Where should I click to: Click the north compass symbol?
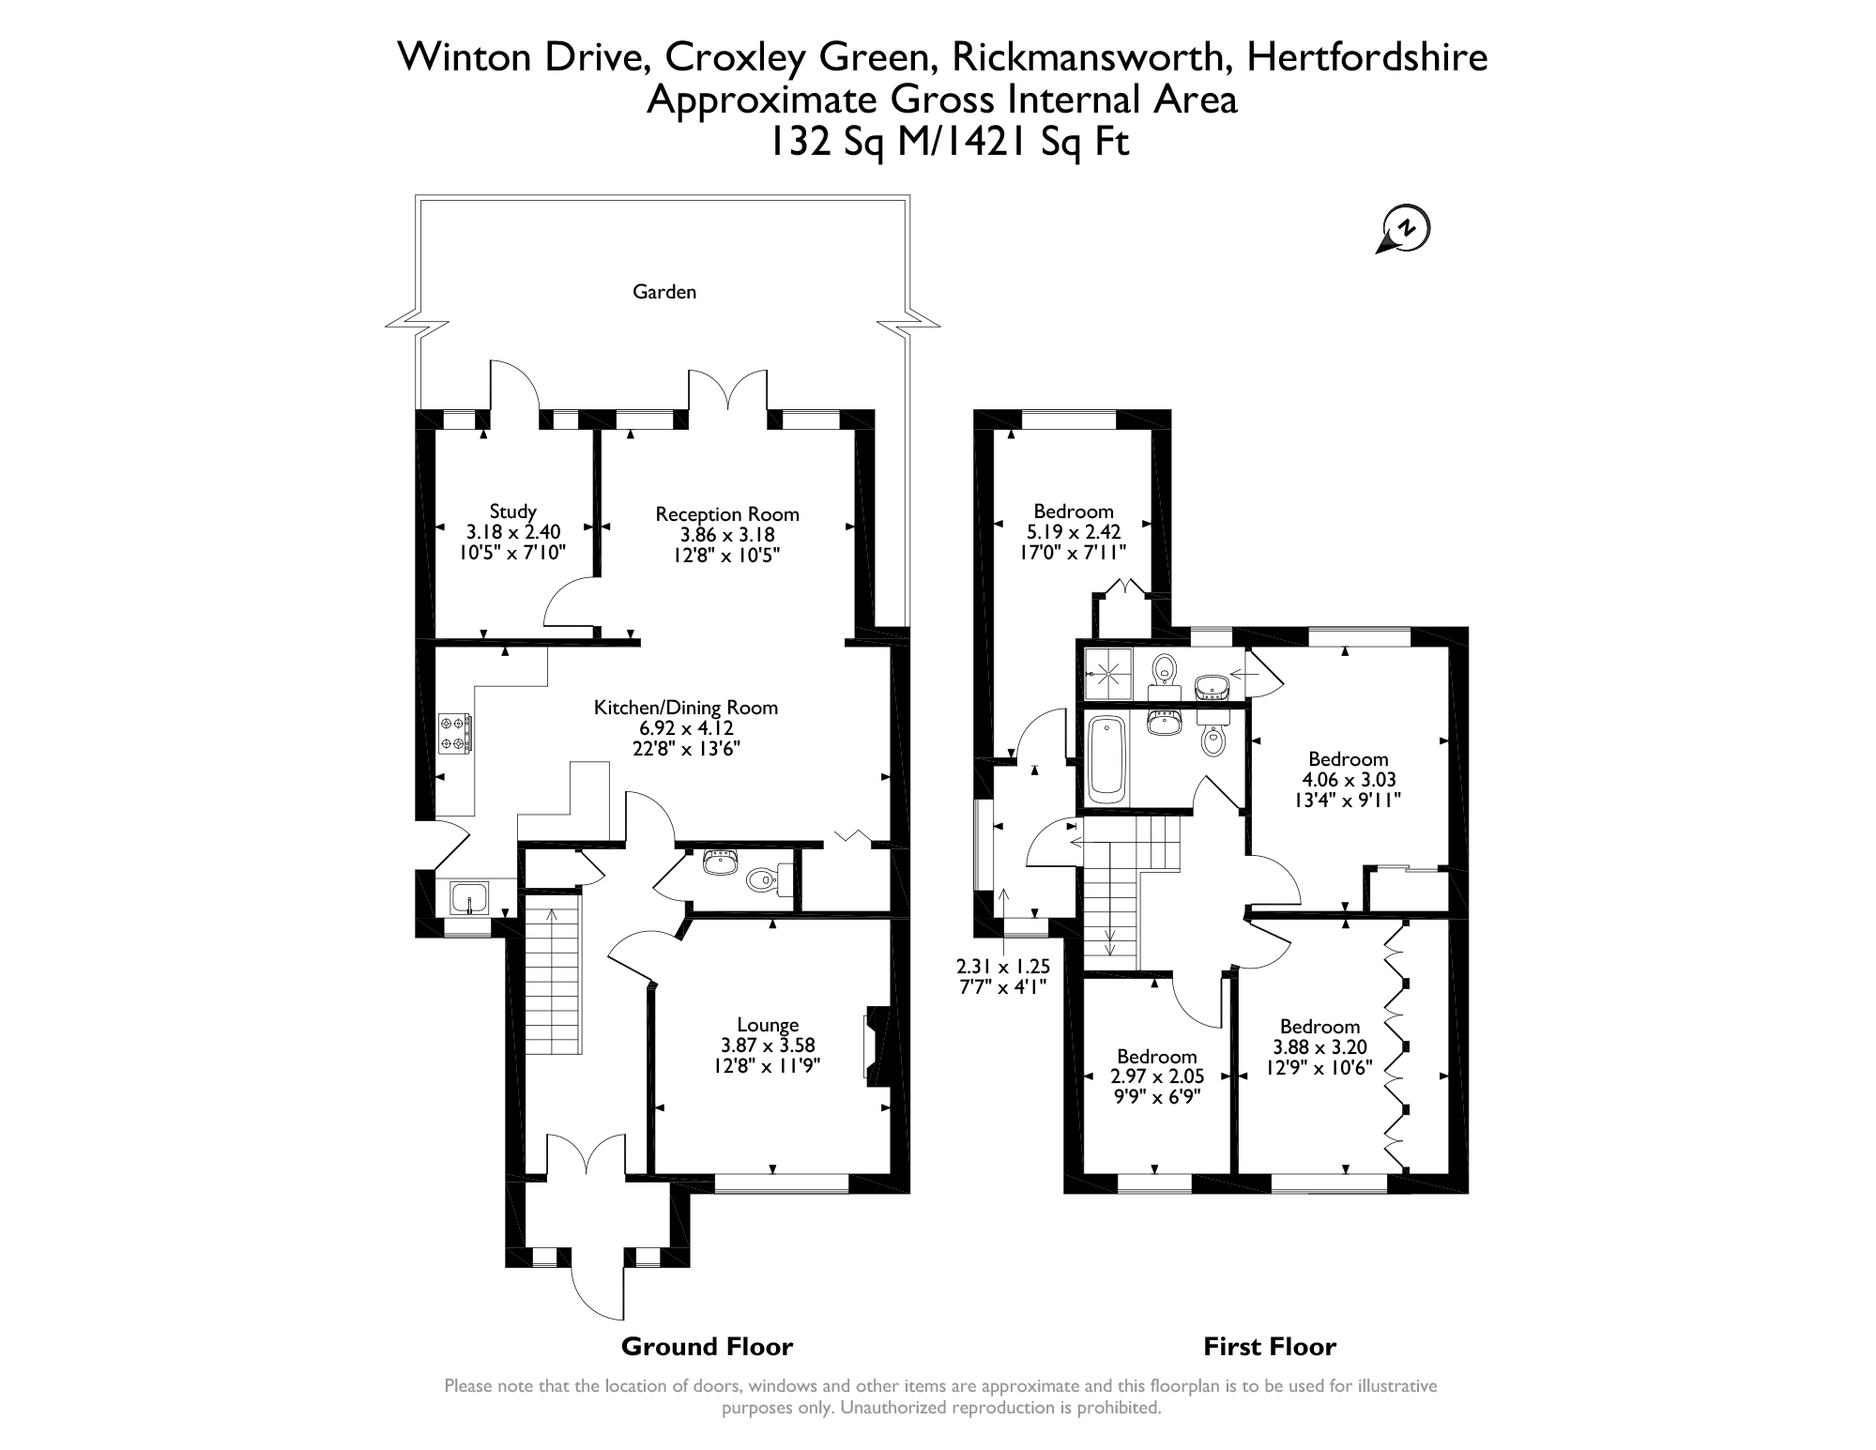(1405, 228)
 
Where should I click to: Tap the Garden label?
(664, 292)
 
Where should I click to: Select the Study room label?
(513, 511)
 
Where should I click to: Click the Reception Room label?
(727, 514)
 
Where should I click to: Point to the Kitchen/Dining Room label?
(686, 708)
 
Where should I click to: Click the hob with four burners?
(455, 733)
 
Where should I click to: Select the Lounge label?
(768, 1026)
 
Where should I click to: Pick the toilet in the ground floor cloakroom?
(765, 880)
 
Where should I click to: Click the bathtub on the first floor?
(1107, 758)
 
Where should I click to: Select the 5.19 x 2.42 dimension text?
(1073, 532)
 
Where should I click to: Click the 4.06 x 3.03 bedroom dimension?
(1349, 780)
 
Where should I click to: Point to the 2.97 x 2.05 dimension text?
(1157, 1076)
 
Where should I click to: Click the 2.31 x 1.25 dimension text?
(1003, 967)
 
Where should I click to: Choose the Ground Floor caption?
(708, 1347)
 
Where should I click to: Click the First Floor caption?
(1270, 1347)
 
